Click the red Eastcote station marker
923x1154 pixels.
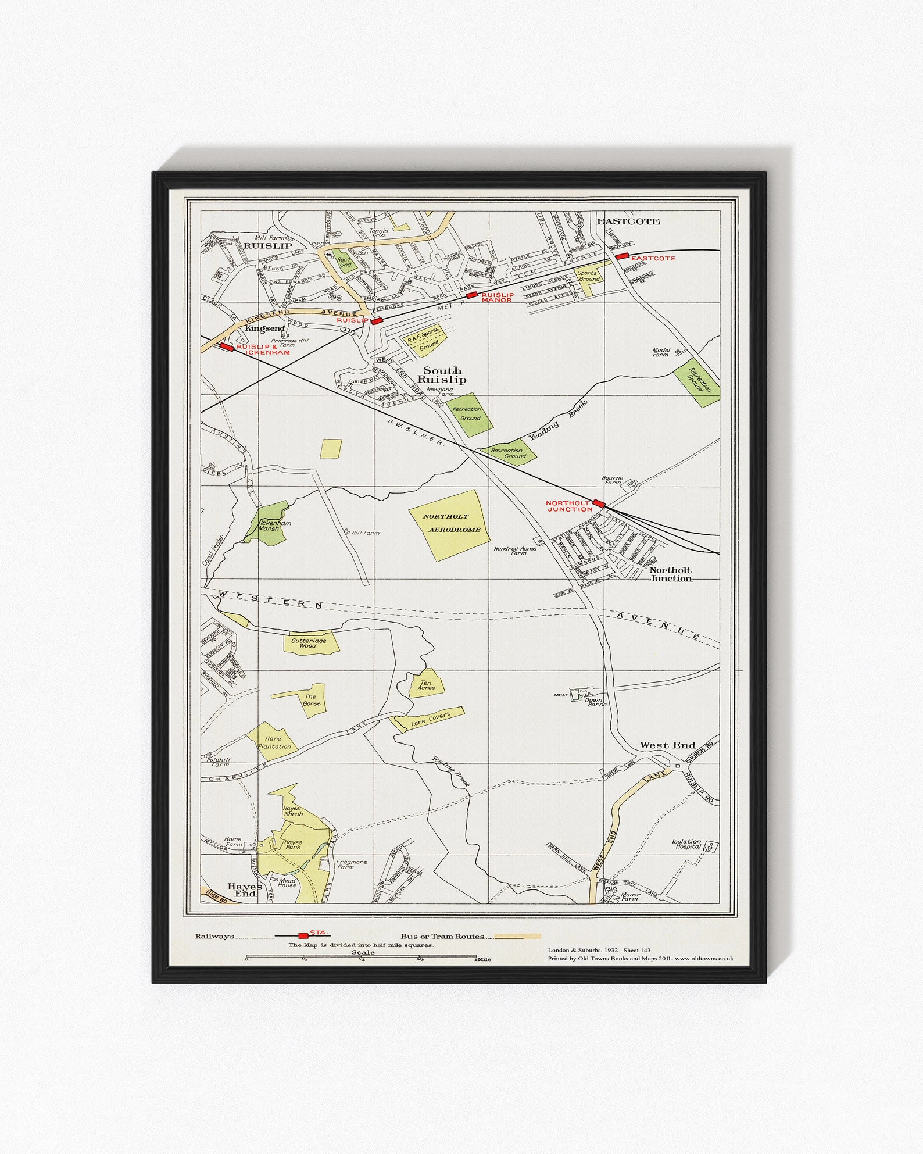(622, 256)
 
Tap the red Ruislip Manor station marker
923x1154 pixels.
(473, 296)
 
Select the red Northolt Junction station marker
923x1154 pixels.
(599, 503)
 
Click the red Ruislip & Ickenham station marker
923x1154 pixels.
(226, 347)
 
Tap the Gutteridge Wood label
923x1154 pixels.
(308, 643)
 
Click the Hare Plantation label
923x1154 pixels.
(274, 742)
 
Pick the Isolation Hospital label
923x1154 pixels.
(686, 844)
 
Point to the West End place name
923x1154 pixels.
(667, 745)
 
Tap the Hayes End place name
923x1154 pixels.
(245, 890)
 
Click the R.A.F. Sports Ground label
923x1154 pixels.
(424, 339)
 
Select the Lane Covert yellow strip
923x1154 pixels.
(431, 719)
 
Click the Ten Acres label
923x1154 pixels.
(426, 685)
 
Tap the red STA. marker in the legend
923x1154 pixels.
(303, 935)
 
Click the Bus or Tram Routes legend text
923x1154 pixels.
(442, 937)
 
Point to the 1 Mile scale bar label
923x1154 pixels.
(482, 959)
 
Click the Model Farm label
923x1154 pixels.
(661, 352)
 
